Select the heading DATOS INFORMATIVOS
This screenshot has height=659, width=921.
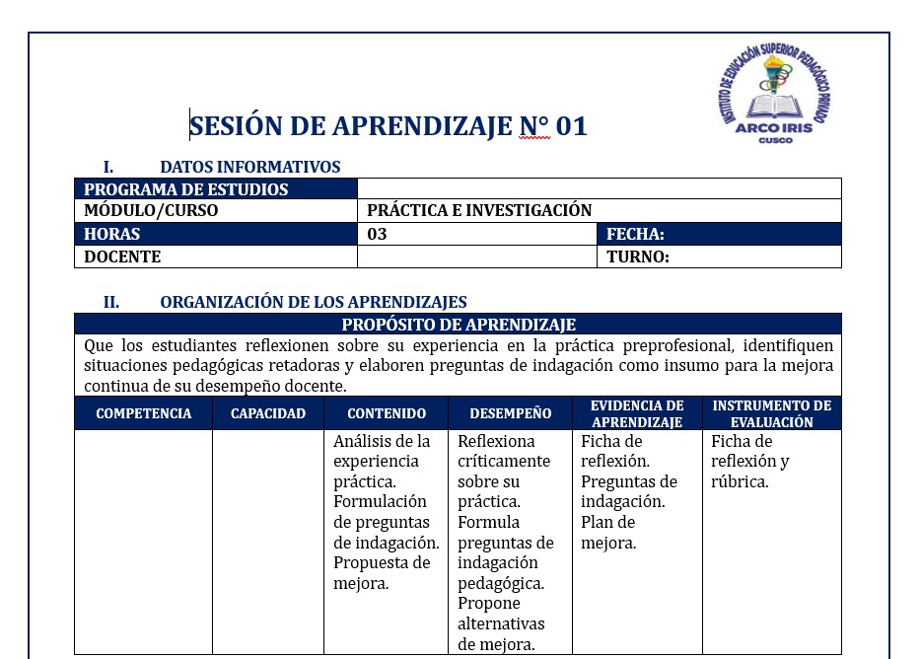pyautogui.click(x=249, y=167)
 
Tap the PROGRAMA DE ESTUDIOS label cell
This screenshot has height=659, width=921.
pyautogui.click(x=186, y=189)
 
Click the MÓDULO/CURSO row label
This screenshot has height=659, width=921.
pyautogui.click(x=151, y=210)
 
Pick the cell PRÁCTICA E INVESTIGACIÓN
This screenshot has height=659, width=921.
pyautogui.click(x=479, y=210)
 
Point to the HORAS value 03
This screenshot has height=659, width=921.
pyautogui.click(x=378, y=235)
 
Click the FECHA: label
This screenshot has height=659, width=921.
pyautogui.click(x=635, y=235)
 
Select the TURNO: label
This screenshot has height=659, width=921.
pyautogui.click(x=638, y=257)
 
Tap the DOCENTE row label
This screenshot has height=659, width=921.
pyautogui.click(x=122, y=257)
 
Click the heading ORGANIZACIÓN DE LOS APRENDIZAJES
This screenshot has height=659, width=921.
pyautogui.click(x=314, y=302)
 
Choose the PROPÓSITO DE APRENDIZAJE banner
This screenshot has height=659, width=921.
pyautogui.click(x=459, y=325)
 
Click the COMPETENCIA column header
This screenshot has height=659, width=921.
pyautogui.click(x=144, y=413)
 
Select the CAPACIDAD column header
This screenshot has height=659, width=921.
pyautogui.click(x=268, y=413)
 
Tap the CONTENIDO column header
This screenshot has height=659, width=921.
pyautogui.click(x=387, y=413)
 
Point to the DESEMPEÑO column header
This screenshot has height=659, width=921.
pyautogui.click(x=510, y=413)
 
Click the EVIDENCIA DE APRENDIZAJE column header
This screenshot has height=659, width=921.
pyautogui.click(x=637, y=413)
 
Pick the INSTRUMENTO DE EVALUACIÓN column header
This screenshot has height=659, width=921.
pyautogui.click(x=771, y=413)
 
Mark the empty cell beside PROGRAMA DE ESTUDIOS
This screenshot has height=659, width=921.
pyautogui.click(x=600, y=189)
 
